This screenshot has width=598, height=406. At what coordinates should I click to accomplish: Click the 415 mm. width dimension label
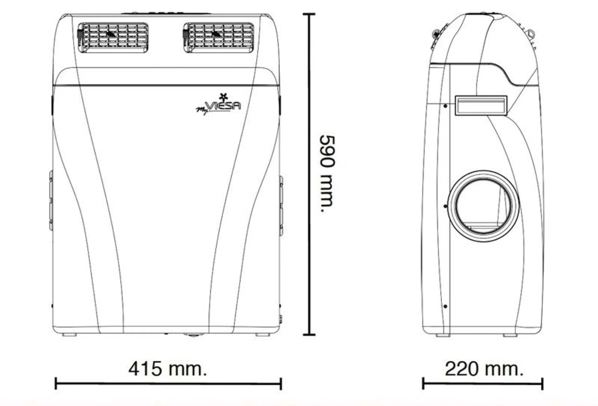coord(168,369)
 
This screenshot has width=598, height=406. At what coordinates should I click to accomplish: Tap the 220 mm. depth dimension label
coord(484,369)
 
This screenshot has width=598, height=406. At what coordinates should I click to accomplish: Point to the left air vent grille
coord(112,37)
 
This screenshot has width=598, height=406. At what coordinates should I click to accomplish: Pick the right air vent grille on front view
coord(218,37)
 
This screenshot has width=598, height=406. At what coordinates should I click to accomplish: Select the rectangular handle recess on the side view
coord(481,106)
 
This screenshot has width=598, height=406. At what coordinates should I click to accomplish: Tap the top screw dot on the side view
coord(445,106)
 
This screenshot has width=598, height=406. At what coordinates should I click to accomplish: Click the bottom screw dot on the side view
coord(445,306)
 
